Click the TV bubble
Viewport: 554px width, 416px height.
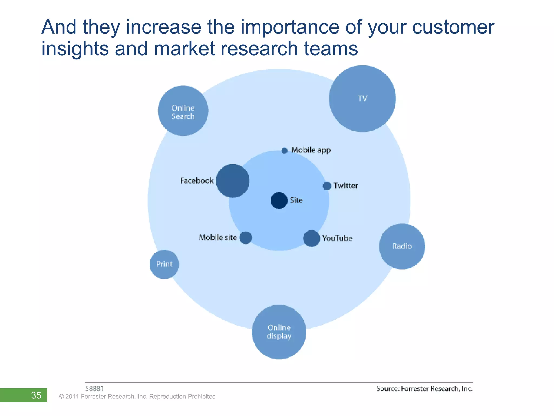362,99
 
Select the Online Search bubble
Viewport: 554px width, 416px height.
183,111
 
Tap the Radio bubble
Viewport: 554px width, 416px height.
402,246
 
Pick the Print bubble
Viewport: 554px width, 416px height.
164,264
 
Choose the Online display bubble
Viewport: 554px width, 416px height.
279,332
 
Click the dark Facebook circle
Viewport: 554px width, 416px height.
233,181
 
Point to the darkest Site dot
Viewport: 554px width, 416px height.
279,200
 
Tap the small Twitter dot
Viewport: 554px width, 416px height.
327,186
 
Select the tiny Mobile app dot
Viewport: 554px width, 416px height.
284,151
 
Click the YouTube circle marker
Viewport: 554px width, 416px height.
312,239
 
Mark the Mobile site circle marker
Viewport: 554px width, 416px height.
246,238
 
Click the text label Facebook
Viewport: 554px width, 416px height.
197,181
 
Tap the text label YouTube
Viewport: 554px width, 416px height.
337,238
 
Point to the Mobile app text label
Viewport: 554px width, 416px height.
311,150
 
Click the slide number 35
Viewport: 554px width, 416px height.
36,395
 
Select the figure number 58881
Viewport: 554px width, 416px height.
94,389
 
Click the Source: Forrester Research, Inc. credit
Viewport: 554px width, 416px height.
424,389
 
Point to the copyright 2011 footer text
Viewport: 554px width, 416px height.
137,396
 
